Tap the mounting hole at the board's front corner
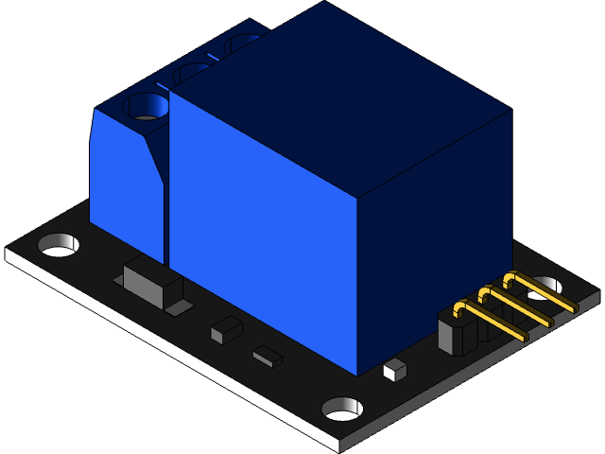(342, 409)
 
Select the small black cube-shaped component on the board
(226, 330)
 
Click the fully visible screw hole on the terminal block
(147, 106)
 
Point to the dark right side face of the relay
(435, 236)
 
